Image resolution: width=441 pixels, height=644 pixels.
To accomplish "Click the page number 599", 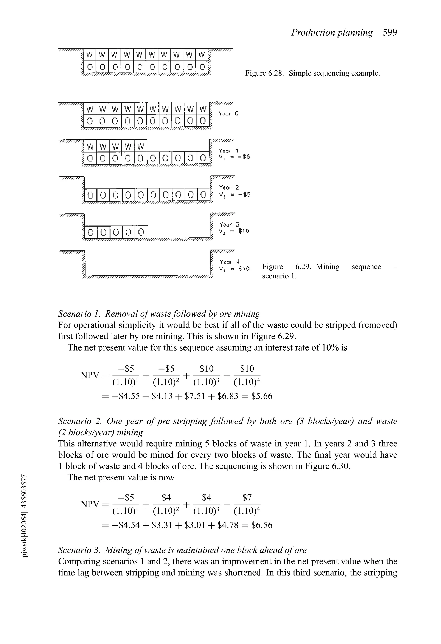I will coord(390,33).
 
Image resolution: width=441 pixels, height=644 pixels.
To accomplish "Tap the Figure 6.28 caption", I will coord(312,73).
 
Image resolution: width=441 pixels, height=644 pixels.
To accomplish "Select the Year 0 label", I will coord(228,114).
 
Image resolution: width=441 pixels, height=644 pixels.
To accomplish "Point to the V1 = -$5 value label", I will coord(234,157).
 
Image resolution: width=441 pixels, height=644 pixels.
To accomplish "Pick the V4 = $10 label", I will coord(234,269).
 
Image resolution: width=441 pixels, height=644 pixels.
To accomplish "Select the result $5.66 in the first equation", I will coord(262,396).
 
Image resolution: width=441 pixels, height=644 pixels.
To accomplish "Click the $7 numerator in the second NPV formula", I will coord(247,498).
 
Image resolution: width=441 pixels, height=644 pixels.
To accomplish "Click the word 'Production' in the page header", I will coord(310,33).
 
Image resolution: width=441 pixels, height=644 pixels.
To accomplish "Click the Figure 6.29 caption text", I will coord(329,271).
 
